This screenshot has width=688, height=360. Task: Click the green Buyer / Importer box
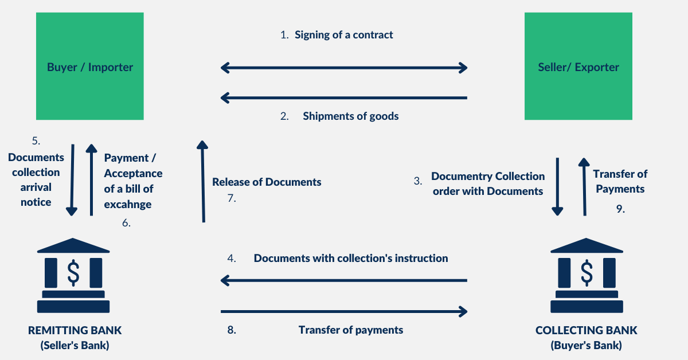(89, 66)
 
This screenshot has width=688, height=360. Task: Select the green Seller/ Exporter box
(578, 66)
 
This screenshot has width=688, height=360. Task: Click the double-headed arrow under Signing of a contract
(344, 68)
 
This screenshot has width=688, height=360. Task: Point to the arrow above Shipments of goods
(344, 98)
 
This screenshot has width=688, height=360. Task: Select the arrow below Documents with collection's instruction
(344, 280)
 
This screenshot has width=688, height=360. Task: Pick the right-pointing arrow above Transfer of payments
(344, 311)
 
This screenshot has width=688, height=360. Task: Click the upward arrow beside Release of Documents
(202, 181)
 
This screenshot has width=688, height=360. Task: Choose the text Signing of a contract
(343, 35)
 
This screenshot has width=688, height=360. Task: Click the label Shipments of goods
(350, 116)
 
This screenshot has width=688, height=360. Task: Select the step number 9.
(620, 209)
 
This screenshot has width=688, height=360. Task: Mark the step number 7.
(232, 199)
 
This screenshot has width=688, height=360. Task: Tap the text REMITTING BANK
(75, 331)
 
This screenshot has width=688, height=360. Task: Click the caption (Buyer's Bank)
(586, 346)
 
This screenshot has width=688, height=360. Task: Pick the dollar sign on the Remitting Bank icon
(73, 273)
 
